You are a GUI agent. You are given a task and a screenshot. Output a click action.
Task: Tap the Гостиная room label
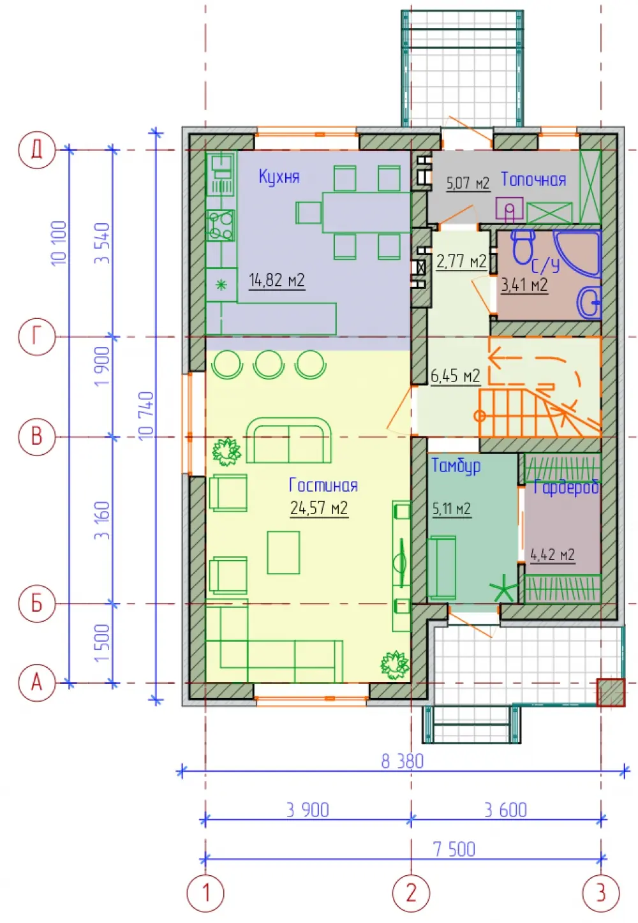[x=323, y=485]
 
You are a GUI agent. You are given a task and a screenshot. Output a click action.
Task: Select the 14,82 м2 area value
[x=277, y=280]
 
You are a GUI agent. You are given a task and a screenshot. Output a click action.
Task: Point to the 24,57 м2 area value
[x=319, y=508]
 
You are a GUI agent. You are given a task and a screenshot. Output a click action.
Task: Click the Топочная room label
[x=533, y=180]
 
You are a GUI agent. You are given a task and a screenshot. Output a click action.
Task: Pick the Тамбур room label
[x=456, y=466]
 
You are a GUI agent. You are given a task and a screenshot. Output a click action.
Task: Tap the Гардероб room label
[x=566, y=487]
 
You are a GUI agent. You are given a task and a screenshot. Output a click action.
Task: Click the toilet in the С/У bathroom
[x=523, y=246]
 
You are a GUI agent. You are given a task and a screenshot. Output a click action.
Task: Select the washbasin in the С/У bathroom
[x=589, y=303]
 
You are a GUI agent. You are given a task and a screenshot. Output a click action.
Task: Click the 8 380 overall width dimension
[x=402, y=762]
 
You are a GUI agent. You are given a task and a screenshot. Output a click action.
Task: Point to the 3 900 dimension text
[x=308, y=810]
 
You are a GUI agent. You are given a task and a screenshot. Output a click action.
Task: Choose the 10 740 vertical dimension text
[x=147, y=416]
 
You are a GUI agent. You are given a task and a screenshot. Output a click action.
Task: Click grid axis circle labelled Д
[x=36, y=150]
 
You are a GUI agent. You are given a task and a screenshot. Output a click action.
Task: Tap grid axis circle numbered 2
[x=411, y=893]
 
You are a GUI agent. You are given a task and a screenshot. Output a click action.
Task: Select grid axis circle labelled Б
[x=36, y=603]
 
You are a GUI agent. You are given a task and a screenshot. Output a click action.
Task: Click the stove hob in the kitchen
[x=221, y=225]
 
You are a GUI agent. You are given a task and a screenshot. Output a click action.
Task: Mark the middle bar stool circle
[x=269, y=364]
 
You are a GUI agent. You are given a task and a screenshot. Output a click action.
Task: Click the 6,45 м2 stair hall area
[x=456, y=376]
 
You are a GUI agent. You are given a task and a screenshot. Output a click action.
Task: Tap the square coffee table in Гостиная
[x=283, y=552]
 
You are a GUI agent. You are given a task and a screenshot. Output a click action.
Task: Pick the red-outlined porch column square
[x=611, y=693]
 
